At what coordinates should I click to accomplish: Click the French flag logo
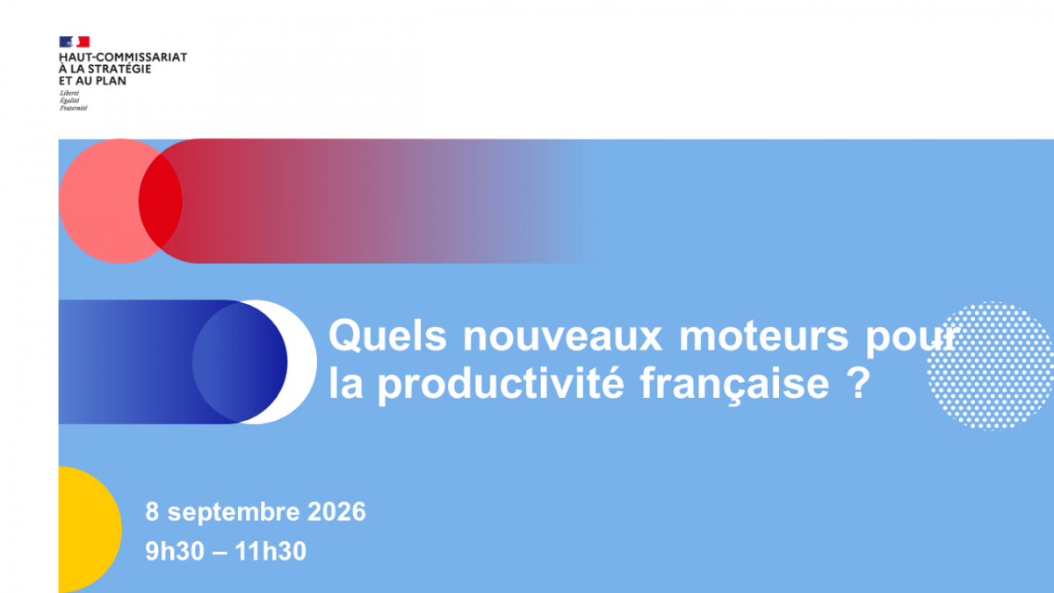click(75, 42)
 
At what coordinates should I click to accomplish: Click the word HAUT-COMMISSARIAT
click(123, 57)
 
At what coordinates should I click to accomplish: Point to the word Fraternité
click(74, 108)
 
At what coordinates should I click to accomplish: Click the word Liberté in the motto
click(69, 93)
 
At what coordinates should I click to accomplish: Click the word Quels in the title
click(387, 336)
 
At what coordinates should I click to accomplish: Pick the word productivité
click(502, 385)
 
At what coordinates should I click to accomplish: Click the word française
click(734, 385)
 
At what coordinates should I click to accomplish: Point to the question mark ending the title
click(861, 383)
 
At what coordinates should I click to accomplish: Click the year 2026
click(336, 511)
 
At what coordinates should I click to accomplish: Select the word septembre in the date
click(234, 512)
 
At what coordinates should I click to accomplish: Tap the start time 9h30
click(175, 551)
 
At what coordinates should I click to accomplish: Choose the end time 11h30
click(271, 551)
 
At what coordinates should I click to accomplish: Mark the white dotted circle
click(991, 366)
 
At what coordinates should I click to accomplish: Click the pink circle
click(98, 201)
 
